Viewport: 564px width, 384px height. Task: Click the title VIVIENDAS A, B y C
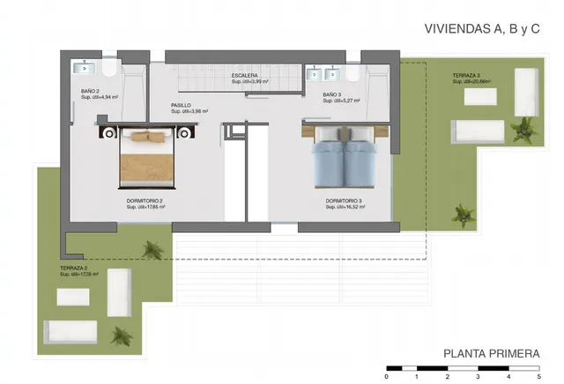click(x=482, y=28)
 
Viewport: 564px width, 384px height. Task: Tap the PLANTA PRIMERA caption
click(x=492, y=354)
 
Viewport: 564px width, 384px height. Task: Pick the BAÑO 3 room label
click(x=331, y=94)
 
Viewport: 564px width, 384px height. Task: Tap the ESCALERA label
click(x=245, y=76)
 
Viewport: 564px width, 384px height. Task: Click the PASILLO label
click(x=182, y=105)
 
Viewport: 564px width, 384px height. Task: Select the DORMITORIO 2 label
click(x=145, y=201)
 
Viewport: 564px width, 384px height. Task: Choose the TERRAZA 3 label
click(x=466, y=76)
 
